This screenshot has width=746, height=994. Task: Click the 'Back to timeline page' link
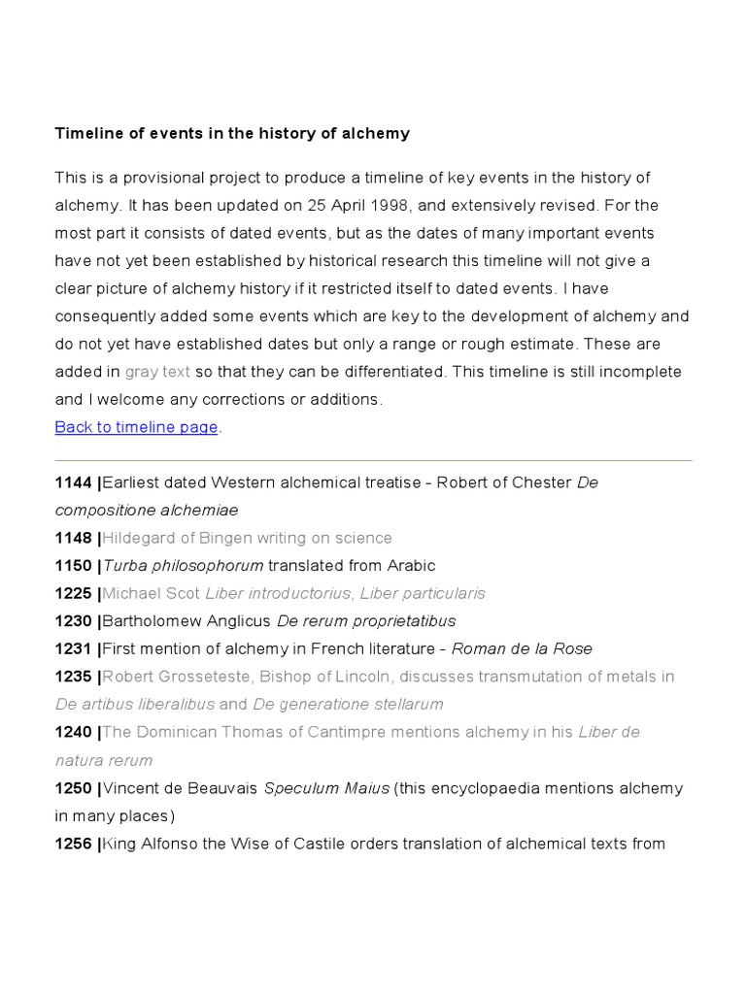(x=136, y=427)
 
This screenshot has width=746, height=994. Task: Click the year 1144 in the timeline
(x=74, y=482)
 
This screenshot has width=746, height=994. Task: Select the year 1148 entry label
(x=74, y=538)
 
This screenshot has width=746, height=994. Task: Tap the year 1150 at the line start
(x=74, y=565)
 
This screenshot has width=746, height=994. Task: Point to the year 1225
(x=74, y=593)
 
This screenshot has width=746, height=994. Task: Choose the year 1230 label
(x=74, y=621)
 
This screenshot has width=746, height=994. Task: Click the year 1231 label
(x=74, y=648)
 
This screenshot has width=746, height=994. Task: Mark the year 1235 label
(x=74, y=677)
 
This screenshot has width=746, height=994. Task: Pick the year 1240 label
(x=74, y=732)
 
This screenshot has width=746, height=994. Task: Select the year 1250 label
(x=74, y=788)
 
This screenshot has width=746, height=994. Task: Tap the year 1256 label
(x=74, y=844)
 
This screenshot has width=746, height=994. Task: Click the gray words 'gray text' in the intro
(x=157, y=372)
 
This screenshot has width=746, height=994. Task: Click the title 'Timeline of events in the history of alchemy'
(x=232, y=134)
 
